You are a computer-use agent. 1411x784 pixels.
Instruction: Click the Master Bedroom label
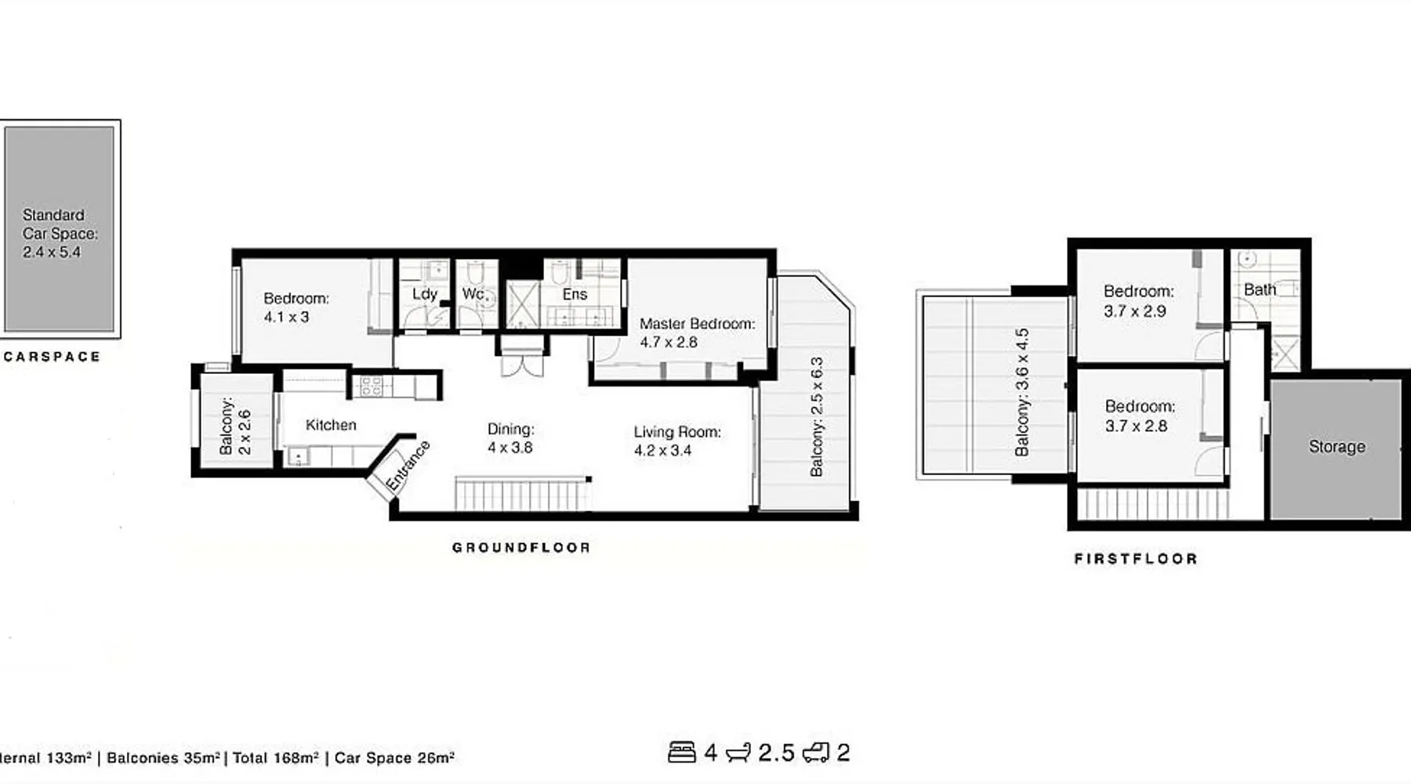coord(697,324)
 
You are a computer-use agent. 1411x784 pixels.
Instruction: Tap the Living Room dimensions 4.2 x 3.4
coord(662,451)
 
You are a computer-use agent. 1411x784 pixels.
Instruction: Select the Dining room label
coord(510,429)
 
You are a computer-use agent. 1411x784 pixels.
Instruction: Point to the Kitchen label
coord(331,425)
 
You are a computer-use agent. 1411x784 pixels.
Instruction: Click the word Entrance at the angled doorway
coord(408,466)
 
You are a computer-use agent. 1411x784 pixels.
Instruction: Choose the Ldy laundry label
coord(424,294)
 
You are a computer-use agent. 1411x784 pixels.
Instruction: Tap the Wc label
coord(473,294)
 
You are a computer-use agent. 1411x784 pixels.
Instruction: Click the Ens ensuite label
coord(575,294)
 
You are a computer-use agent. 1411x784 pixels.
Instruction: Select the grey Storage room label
coord(1337,447)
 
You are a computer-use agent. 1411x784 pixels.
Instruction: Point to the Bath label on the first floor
coord(1260,289)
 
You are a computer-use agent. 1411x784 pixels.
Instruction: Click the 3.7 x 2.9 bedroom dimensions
coord(1134,311)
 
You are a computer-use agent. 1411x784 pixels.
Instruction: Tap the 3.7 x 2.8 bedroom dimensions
coord(1136,426)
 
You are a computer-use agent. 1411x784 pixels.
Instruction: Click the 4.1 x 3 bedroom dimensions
coord(286,318)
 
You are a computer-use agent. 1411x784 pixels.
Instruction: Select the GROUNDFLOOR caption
coord(521,547)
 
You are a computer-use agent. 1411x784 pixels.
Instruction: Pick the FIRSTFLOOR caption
coord(1136,559)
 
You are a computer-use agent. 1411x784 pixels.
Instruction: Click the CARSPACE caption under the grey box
coord(52,357)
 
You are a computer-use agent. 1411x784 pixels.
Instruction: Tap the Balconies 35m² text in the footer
coord(163,758)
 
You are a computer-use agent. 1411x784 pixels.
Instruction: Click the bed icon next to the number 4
coord(682,753)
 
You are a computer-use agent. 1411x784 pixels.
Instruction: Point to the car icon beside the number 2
coord(815,753)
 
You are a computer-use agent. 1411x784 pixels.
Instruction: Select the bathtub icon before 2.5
coord(738,753)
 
